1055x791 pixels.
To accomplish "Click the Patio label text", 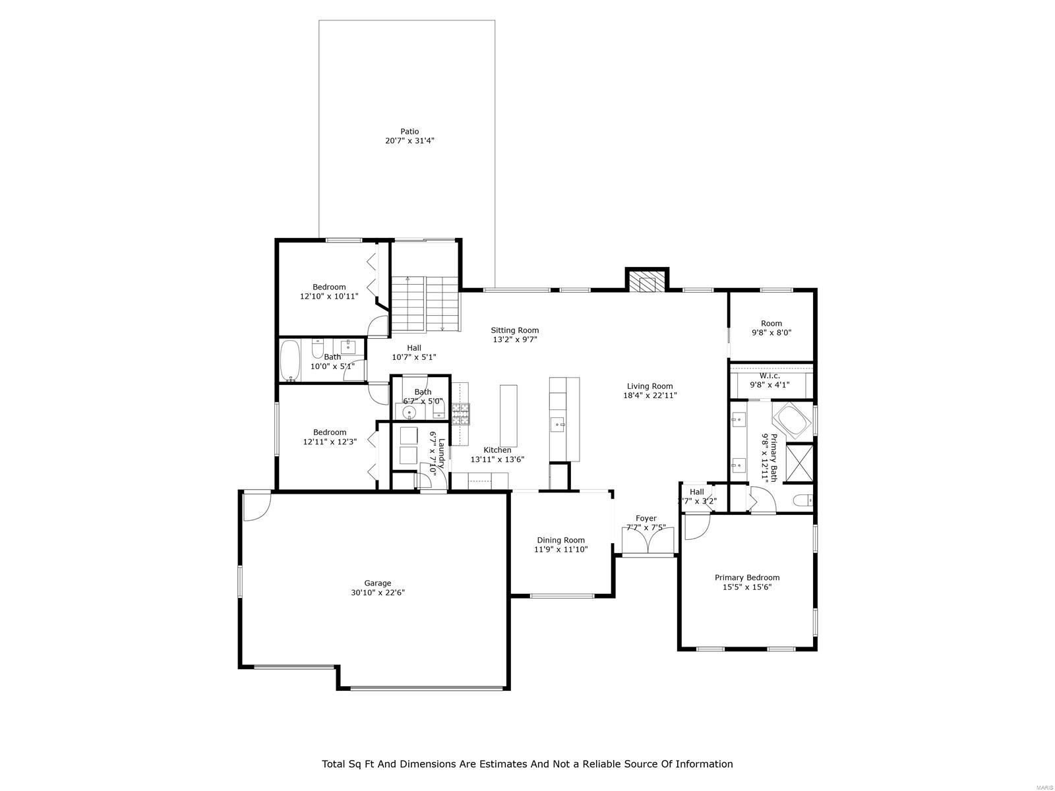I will coord(409,131).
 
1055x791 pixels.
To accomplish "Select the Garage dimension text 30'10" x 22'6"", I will coord(378,593).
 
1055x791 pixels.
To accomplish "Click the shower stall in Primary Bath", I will coord(799,465).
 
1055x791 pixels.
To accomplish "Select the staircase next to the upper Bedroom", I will coord(425,305).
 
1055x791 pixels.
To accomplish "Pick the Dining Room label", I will coord(560,540).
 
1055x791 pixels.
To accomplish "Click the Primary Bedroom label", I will coord(747,577).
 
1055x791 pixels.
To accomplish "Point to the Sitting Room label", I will coord(514,330).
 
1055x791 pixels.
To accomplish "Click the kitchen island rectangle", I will coord(508,415).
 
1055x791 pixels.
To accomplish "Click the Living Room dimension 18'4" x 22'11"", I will coord(650,395).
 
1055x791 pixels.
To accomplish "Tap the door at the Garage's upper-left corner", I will coord(255,506).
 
